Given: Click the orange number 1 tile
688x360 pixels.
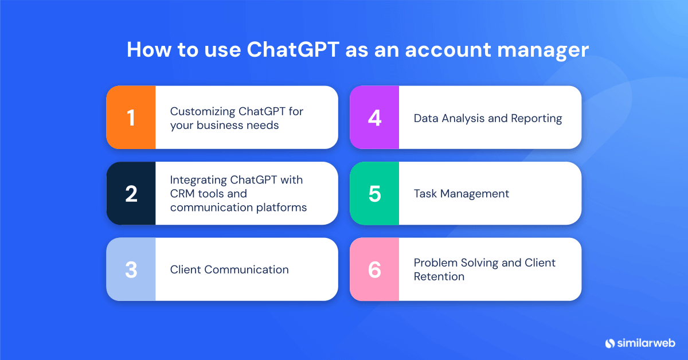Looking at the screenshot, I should [131, 118].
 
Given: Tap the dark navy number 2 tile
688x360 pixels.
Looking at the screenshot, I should [131, 194].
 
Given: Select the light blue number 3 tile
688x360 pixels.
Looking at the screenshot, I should [131, 269].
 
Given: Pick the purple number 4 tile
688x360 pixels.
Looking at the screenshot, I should [374, 118].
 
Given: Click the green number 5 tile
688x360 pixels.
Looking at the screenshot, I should [374, 194].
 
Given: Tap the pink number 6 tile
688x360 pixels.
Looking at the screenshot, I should [374, 269].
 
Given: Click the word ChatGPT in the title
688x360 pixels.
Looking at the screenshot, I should [293, 50].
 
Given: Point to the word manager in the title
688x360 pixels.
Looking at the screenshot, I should [542, 50].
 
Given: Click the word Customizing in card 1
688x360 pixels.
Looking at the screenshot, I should [202, 111].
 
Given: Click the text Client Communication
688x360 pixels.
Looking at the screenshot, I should [229, 269].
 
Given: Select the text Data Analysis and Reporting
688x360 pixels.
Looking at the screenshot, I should [488, 118].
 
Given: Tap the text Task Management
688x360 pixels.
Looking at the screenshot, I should [462, 194].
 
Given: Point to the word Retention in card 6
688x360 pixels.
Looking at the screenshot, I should [439, 276].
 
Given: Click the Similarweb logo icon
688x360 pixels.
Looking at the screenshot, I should [609, 343].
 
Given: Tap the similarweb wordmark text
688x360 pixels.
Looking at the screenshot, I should [646, 343].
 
